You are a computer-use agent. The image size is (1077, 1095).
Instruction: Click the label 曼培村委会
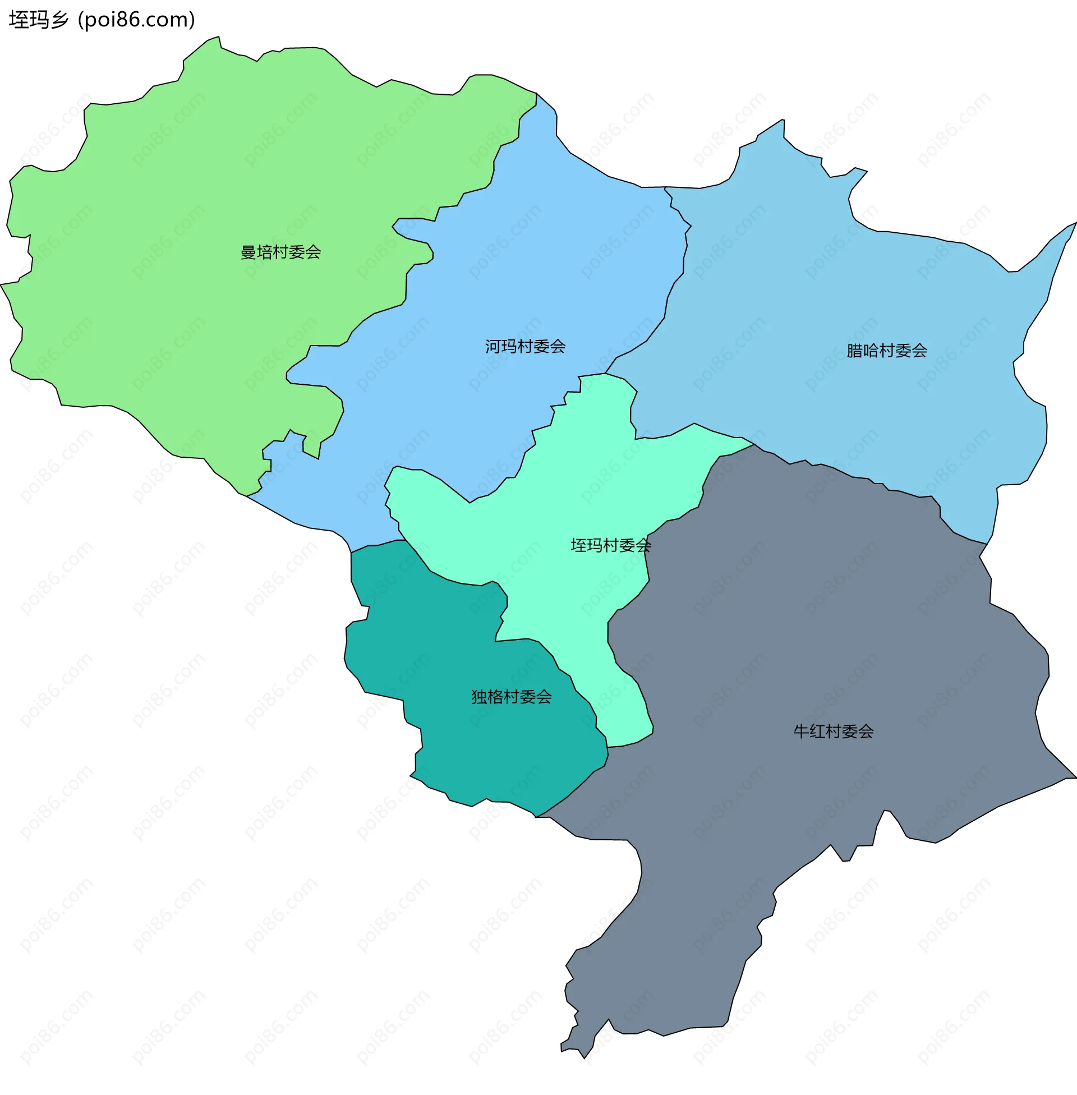[280, 252]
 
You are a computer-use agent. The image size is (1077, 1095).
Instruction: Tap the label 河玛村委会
[525, 347]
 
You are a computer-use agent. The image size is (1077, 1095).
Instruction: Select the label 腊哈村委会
[886, 351]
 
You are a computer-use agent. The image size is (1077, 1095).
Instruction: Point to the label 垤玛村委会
[610, 546]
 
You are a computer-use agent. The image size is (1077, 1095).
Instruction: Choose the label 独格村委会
[512, 697]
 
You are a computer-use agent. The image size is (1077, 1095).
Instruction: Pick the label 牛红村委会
[833, 732]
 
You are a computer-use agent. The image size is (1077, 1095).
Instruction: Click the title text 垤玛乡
[39, 20]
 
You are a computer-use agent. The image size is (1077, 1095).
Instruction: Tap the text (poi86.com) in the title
[136, 20]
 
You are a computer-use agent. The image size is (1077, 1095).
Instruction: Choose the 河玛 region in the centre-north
[509, 255]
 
